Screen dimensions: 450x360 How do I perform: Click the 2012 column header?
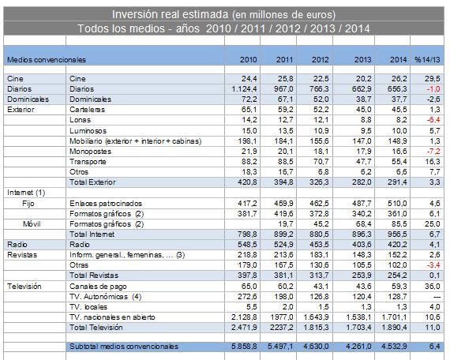click(320, 60)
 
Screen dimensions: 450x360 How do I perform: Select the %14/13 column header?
click(427, 60)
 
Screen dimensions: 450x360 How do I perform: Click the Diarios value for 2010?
click(244, 89)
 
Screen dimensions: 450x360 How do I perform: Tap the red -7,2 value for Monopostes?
click(433, 152)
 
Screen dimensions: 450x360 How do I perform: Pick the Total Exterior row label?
click(92, 182)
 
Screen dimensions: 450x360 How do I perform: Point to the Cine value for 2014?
click(399, 79)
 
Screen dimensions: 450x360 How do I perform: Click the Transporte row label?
click(88, 162)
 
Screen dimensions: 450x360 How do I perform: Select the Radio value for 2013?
click(362, 245)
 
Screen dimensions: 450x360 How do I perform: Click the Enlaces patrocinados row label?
click(106, 204)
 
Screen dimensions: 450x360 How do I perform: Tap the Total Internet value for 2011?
click(283, 234)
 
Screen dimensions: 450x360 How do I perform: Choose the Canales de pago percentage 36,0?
click(433, 287)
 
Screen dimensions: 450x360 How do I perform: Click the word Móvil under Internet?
click(32, 224)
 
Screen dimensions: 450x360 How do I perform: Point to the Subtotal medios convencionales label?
click(124, 347)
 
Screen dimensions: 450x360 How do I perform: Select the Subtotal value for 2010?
click(244, 347)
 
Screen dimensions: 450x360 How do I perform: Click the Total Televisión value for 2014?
click(394, 328)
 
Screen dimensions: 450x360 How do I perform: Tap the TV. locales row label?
click(88, 307)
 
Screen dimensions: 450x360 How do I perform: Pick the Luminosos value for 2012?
click(321, 131)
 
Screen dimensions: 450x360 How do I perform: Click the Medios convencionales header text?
click(47, 60)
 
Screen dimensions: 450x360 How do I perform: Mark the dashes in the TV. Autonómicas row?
click(437, 297)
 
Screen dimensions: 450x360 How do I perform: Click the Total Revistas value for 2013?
click(362, 276)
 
